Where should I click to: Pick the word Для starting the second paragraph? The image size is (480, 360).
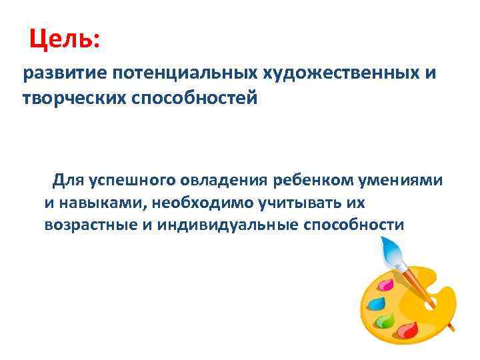point(69,181)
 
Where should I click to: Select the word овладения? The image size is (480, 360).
point(223,181)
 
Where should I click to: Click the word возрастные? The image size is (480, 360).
point(90,225)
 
